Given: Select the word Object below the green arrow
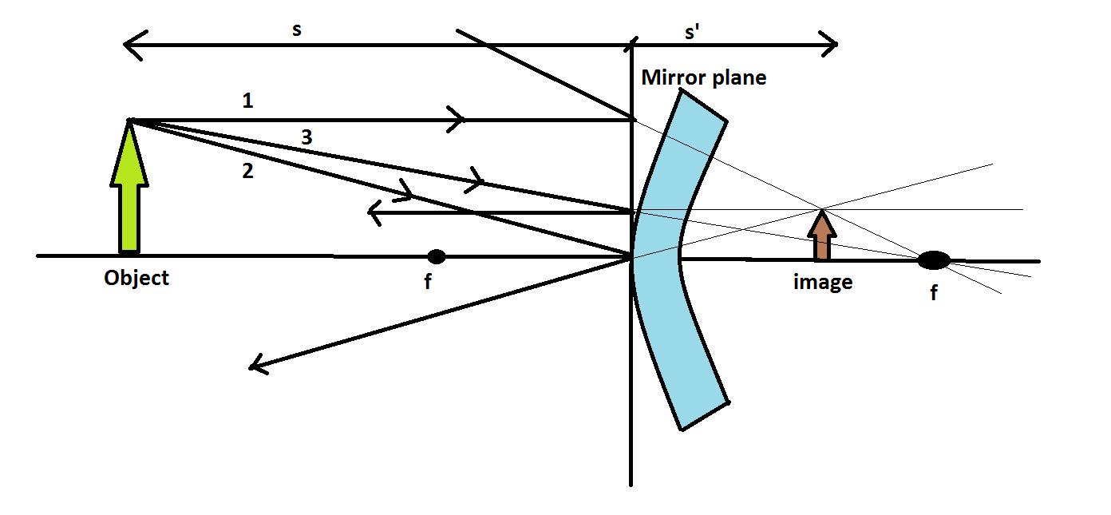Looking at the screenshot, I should click(136, 278).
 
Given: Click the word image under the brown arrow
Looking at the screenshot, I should click(822, 282).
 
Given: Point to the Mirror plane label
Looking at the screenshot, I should click(703, 77).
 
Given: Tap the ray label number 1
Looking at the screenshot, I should click(247, 101).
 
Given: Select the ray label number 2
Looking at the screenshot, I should click(247, 170).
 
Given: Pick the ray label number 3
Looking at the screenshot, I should click(306, 137).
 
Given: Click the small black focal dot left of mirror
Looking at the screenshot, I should click(436, 256).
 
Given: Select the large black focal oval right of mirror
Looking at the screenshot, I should click(933, 259).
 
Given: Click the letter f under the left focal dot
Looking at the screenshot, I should click(428, 282).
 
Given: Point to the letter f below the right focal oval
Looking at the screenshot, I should click(933, 293).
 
